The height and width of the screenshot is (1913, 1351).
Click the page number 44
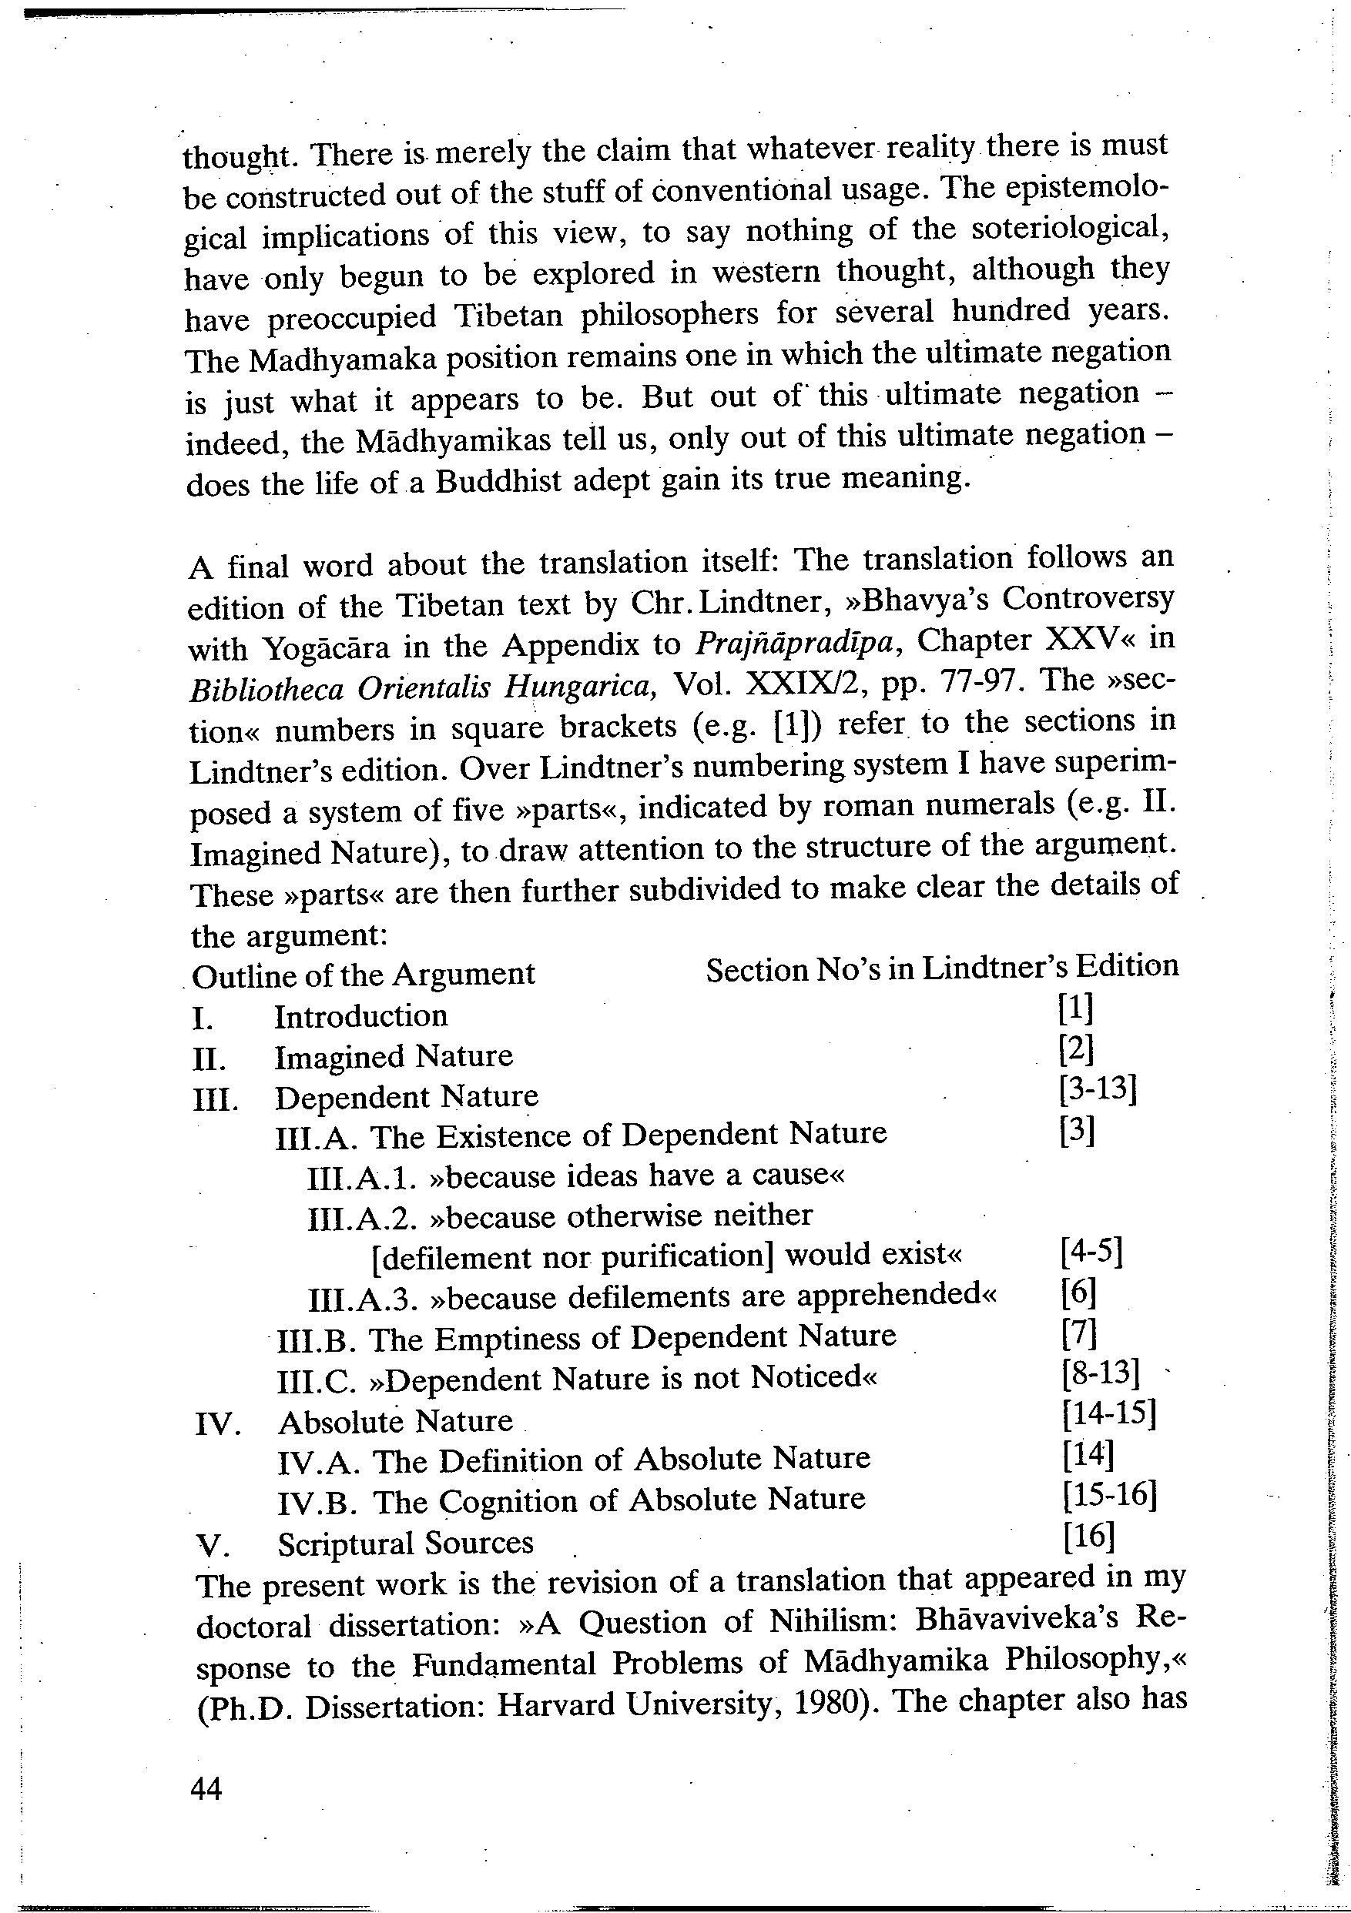(x=206, y=1788)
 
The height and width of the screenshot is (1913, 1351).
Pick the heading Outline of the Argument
(x=364, y=975)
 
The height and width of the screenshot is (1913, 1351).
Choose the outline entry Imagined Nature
(x=394, y=1056)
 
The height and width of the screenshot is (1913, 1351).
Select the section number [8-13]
(x=1100, y=1374)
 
